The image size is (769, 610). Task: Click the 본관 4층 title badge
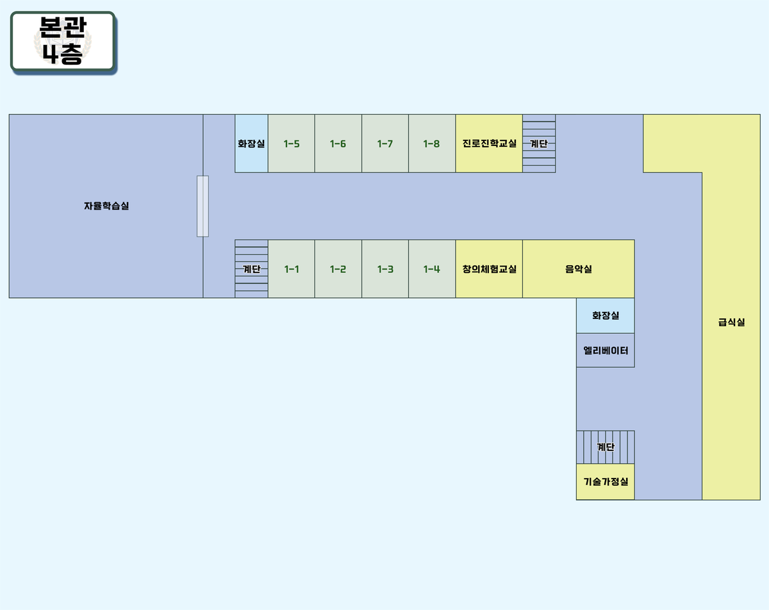(63, 40)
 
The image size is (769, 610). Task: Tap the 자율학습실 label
(106, 206)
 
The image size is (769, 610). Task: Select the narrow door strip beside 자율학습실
(203, 206)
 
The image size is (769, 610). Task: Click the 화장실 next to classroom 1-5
(251, 144)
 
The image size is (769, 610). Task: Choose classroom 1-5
(291, 144)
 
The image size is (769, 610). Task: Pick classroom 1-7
(385, 144)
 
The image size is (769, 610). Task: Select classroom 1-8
(432, 144)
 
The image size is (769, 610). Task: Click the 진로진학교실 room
(489, 144)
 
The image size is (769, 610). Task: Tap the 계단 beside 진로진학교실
(539, 144)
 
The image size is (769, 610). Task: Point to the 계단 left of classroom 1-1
(251, 269)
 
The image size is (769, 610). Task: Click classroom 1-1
(291, 269)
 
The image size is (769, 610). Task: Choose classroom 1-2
(338, 269)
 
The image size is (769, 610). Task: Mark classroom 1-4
(432, 269)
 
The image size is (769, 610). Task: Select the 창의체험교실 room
(489, 269)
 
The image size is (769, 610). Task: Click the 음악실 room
(578, 269)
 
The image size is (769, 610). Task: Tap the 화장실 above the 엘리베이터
(605, 316)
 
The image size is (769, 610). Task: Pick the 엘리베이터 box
(605, 350)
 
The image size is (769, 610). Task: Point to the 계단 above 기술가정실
(605, 447)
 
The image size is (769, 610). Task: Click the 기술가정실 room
(605, 482)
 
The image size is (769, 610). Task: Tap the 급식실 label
(731, 322)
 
